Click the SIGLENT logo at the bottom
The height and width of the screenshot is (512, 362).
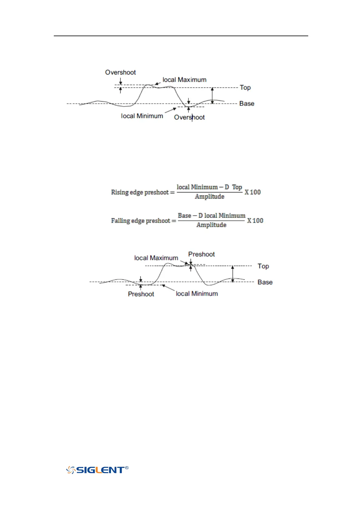point(97,470)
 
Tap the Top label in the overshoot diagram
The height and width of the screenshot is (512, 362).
point(245,88)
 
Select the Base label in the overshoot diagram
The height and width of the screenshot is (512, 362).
point(247,104)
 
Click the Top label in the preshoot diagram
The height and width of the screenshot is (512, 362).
point(263,266)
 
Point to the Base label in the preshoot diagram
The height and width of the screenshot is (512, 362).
point(265,282)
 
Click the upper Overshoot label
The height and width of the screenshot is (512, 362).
point(120,72)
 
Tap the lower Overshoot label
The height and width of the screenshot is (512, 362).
point(189,117)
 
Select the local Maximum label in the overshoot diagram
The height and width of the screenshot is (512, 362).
point(184,80)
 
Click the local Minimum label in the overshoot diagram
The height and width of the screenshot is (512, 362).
point(142,116)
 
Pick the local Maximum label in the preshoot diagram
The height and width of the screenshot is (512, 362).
point(156,258)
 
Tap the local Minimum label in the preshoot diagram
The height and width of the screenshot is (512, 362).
point(197,294)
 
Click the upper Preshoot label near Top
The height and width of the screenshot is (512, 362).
point(201,254)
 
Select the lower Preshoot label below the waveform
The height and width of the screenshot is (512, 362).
point(141,294)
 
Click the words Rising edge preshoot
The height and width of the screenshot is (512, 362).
point(140,192)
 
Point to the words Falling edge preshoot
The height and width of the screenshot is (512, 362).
point(140,221)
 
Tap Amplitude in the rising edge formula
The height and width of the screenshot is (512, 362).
point(209,197)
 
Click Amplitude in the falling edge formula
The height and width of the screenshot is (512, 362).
point(211,225)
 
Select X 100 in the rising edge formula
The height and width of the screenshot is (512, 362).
point(253,192)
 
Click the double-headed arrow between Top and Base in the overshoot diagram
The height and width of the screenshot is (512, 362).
point(212,95)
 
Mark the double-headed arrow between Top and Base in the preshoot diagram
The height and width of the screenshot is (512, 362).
point(233,274)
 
